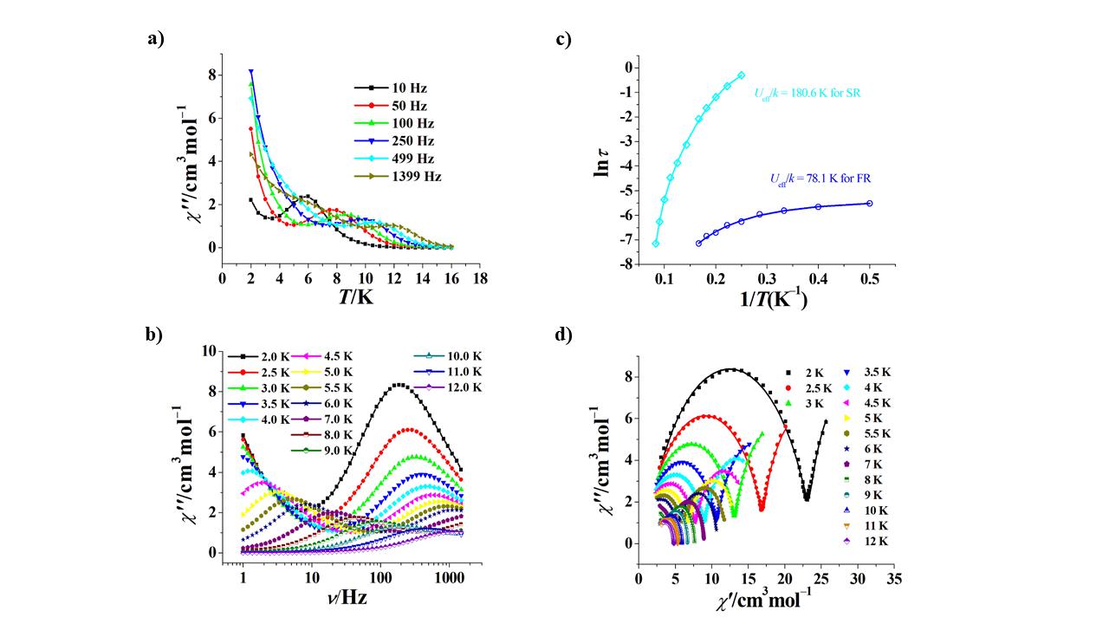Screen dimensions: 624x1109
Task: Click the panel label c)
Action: coord(564,40)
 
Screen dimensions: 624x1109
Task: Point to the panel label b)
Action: coord(154,336)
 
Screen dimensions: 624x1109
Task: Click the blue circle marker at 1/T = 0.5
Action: coord(869,204)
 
